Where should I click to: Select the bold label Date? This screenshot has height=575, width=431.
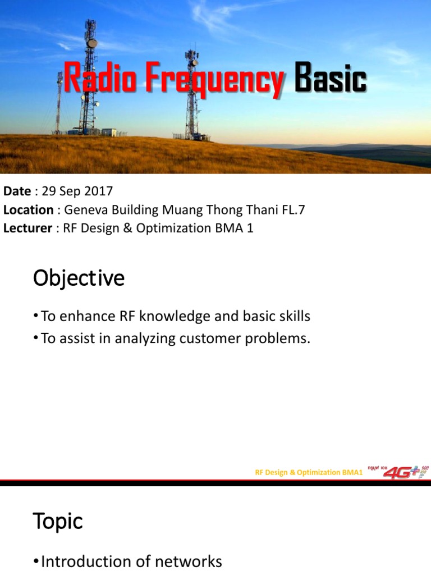[17, 191]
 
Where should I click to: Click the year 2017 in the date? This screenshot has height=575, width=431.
[99, 191]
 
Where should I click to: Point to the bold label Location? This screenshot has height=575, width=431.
[28, 210]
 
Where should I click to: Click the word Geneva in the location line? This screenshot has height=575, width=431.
[85, 210]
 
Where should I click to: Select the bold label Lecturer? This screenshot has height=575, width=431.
[27, 229]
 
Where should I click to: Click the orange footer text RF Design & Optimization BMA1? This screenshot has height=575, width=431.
[309, 473]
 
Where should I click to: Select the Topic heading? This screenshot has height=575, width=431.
[57, 522]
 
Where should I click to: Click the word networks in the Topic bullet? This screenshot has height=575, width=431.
[191, 562]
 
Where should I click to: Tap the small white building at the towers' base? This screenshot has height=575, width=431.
[108, 133]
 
